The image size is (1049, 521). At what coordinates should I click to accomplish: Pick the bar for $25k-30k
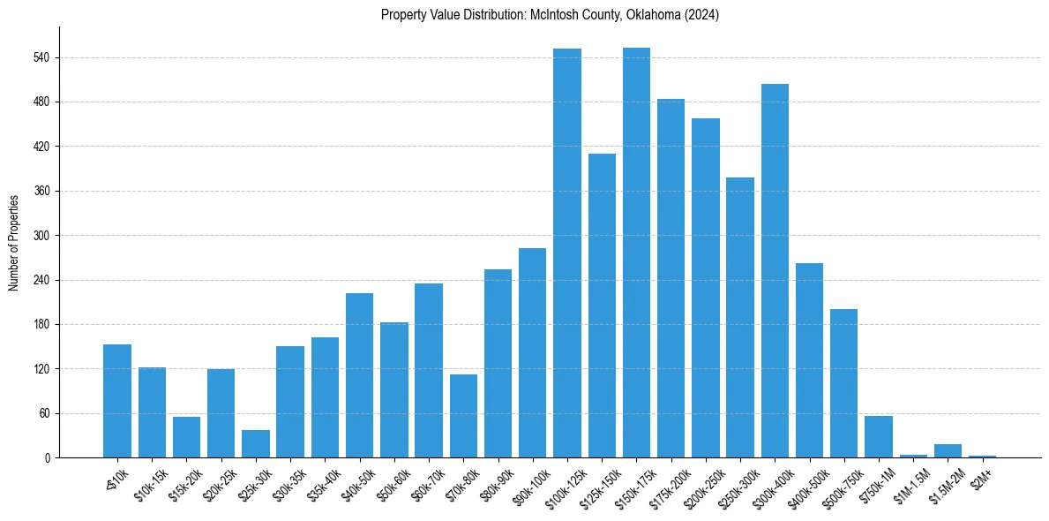[x=256, y=444]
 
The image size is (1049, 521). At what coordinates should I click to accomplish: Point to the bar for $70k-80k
[x=463, y=416]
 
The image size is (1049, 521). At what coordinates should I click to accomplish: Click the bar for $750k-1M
[x=879, y=437]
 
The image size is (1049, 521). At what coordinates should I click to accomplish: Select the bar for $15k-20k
[x=186, y=437]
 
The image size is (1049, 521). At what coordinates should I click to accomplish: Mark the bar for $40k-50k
[x=359, y=375]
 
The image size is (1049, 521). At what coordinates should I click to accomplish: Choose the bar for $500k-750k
[x=844, y=383]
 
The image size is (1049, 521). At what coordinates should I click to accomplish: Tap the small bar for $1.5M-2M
[x=948, y=451]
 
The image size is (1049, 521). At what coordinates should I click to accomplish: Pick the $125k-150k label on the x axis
[x=597, y=484]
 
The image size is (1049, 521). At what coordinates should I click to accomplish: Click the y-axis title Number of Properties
[x=14, y=242]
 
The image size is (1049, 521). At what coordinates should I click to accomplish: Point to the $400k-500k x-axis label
[x=805, y=484]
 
